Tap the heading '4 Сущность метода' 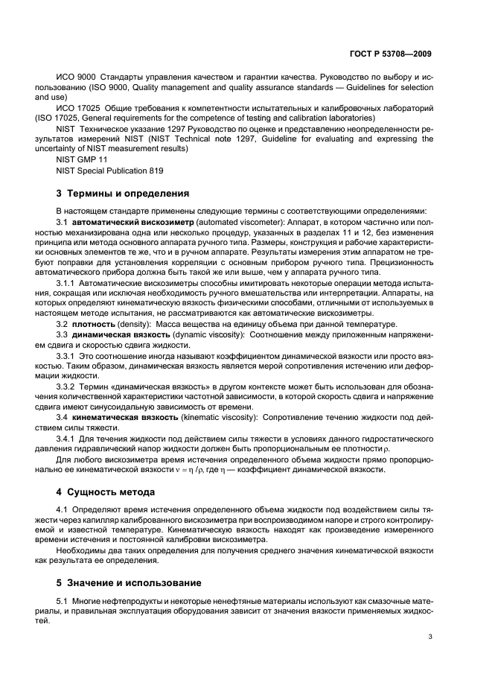[95, 491]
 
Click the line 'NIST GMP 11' [82, 159]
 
